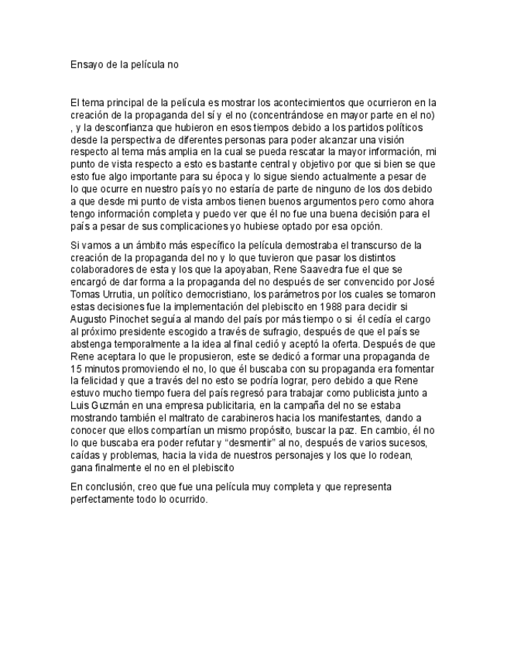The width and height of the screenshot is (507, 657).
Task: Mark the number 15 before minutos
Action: pos(75,369)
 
